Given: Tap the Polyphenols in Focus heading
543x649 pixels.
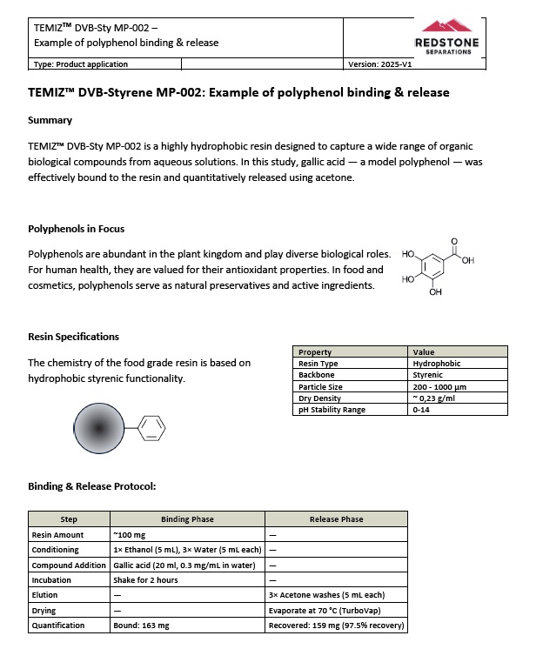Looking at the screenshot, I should point(76,229).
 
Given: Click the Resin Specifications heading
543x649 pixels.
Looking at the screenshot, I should point(73,337).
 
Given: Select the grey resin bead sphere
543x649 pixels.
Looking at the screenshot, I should point(100,427).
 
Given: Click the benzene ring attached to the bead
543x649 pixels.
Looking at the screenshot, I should point(150,427).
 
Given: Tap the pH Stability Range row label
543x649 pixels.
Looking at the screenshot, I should point(333,409).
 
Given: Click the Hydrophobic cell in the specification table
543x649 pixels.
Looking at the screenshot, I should point(437,364).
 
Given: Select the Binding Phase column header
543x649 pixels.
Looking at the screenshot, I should point(187,519).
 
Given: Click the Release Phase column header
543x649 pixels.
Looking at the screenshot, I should point(336,519).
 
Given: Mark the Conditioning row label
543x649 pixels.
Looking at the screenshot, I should point(55,550).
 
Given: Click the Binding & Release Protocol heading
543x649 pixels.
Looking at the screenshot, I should point(91,485).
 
